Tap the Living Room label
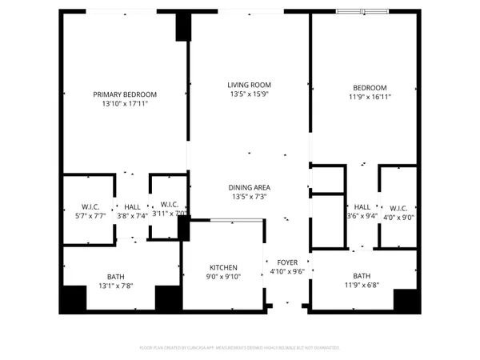[249, 85]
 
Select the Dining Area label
[249, 187]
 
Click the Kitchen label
[223, 267]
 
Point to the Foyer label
[286, 262]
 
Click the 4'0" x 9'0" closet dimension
[397, 214]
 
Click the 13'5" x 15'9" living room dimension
[249, 94]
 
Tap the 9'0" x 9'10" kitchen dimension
[223, 277]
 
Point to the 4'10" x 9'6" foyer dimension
[286, 271]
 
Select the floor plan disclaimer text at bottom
[240, 348]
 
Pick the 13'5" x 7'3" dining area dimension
[249, 197]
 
